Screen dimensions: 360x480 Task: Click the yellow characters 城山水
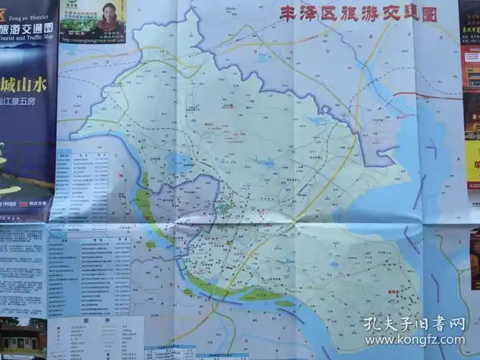(26, 84)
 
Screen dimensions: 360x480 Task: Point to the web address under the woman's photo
(92, 40)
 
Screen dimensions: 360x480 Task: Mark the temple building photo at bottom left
(22, 338)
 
